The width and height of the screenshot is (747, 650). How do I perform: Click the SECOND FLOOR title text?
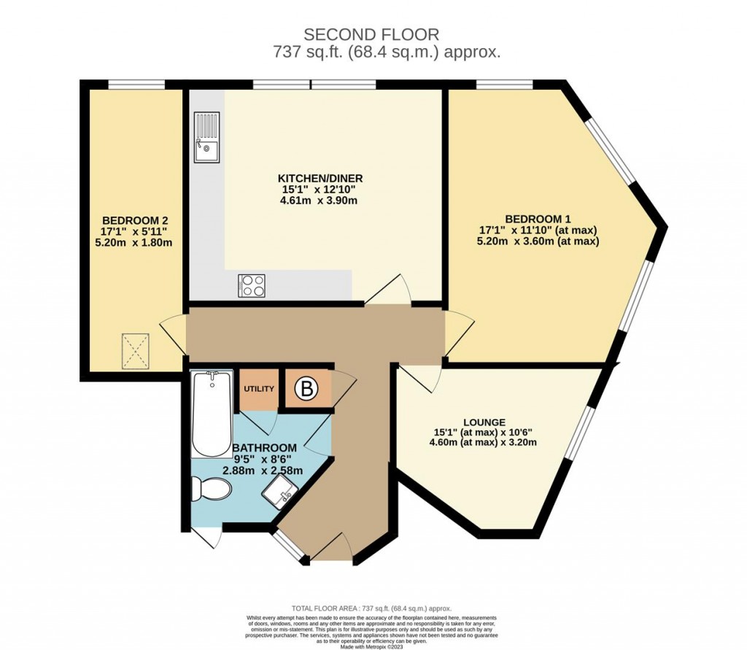371,34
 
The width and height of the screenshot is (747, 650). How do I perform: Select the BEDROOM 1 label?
537,219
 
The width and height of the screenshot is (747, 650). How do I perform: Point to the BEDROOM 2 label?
132,220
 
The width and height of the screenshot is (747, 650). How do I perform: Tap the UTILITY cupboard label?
258,389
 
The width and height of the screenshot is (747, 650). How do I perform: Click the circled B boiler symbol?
307,391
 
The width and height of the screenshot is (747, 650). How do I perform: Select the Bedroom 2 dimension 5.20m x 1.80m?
132,242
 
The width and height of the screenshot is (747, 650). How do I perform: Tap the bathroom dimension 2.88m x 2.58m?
263,471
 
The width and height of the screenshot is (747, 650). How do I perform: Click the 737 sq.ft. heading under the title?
386,53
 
